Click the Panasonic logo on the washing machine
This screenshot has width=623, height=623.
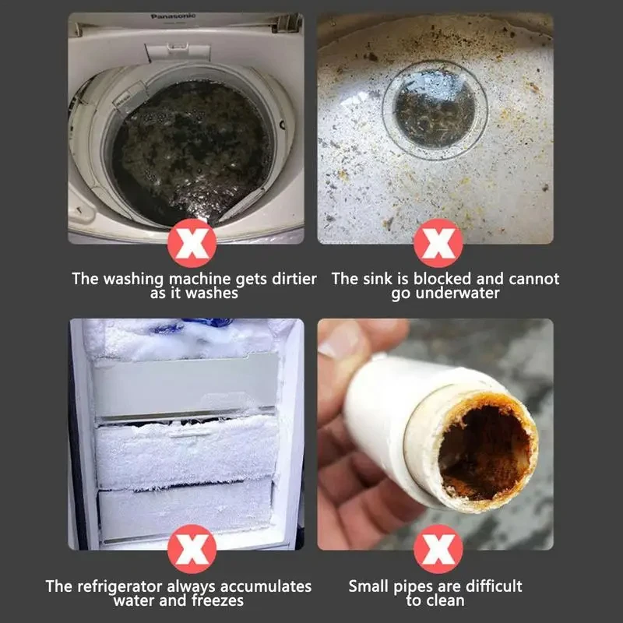coord(172,16)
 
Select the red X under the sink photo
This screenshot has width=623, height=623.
coord(438,243)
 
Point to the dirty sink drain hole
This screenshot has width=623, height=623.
coord(435,109)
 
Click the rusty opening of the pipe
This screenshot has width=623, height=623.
coord(484,452)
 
